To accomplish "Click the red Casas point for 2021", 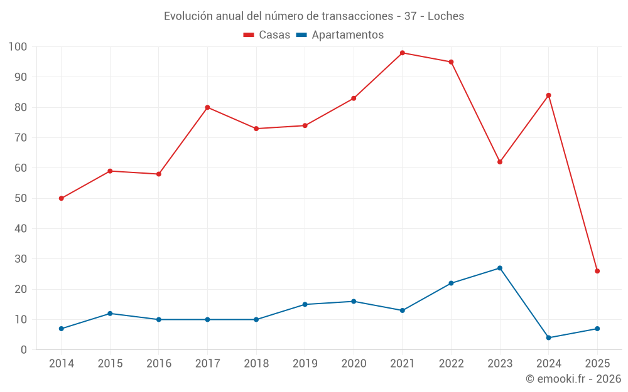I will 403,53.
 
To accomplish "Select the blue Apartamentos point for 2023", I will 500,268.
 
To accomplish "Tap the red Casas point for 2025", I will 597,271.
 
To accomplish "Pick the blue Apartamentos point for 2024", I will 549,337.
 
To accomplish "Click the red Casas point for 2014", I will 62,198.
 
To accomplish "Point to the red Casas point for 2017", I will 207,107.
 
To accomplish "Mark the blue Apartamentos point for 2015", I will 110,313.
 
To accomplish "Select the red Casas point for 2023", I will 500,162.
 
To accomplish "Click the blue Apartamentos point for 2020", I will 354,301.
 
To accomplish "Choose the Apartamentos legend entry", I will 347,35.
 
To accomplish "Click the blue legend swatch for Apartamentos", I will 301,35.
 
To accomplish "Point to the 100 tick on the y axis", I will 18,47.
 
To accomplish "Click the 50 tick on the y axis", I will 21,198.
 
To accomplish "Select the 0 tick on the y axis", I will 24,350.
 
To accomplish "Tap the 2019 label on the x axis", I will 305,364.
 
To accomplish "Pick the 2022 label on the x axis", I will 451,364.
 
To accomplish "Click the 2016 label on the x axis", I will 159,364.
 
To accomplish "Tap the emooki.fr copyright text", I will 573,379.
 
